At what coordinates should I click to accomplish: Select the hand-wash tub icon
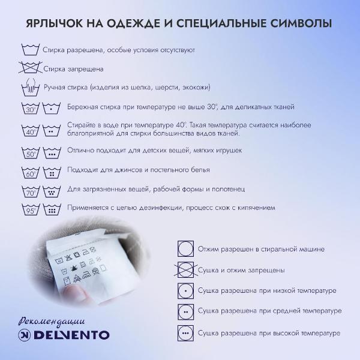click(x=31, y=88)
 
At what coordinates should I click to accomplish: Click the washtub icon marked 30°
click(x=31, y=109)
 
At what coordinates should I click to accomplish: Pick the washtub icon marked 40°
click(x=31, y=130)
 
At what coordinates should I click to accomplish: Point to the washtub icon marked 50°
click(x=31, y=152)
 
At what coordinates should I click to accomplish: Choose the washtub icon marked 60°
click(x=31, y=173)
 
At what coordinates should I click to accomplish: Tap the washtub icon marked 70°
click(x=31, y=192)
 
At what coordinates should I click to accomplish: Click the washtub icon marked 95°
click(x=31, y=210)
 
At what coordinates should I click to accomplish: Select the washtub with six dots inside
click(x=52, y=210)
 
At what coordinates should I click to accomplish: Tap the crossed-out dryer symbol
click(x=186, y=269)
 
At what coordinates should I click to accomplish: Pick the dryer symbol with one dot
click(x=186, y=290)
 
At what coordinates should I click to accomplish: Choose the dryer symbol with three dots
click(x=186, y=332)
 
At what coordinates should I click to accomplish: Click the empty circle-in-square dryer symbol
click(x=186, y=248)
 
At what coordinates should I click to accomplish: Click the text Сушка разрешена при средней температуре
click(x=269, y=311)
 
